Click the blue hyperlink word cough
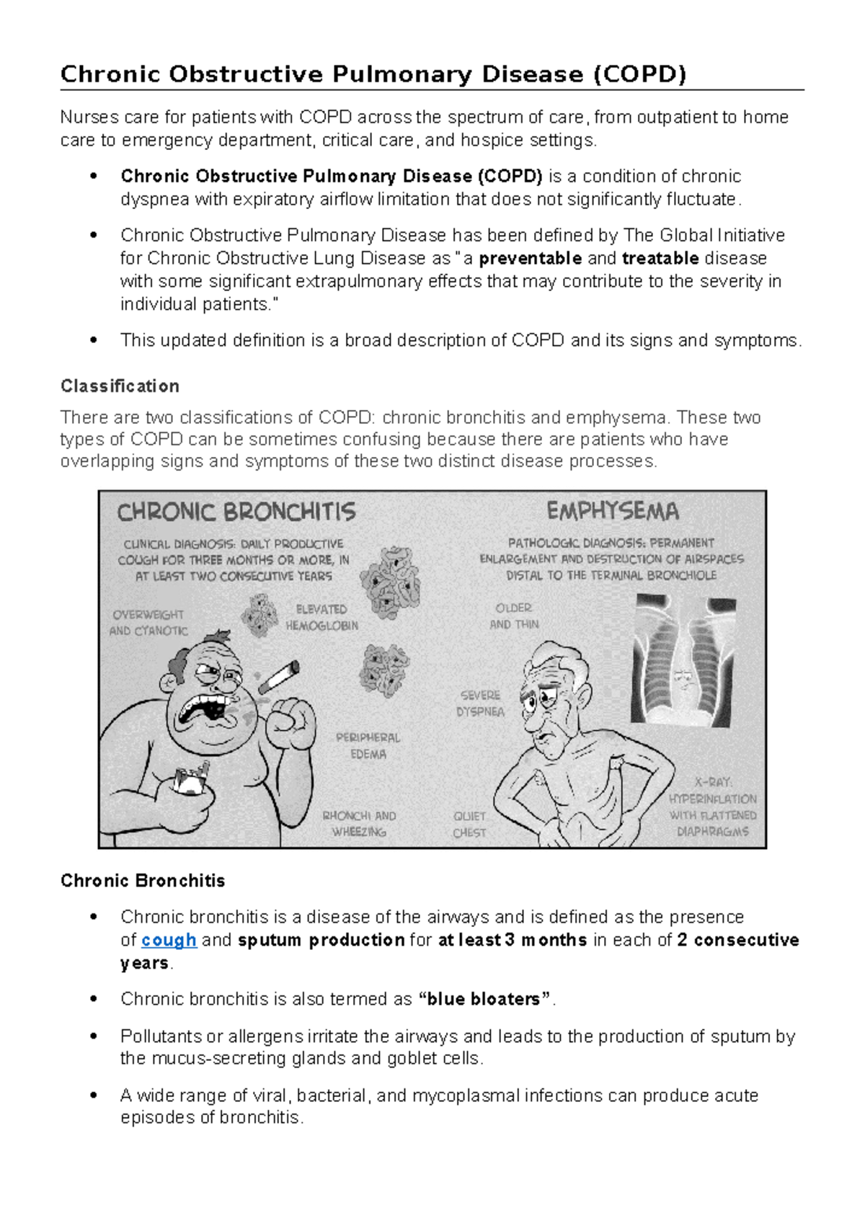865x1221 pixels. pyautogui.click(x=169, y=940)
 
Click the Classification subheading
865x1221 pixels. pyautogui.click(x=120, y=386)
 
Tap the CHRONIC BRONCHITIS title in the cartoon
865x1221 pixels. pyautogui.click(x=236, y=512)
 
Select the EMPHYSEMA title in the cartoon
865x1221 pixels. pyautogui.click(x=613, y=512)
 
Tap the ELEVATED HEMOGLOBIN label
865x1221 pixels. pyautogui.click(x=321, y=618)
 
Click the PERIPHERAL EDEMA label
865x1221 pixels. pyautogui.click(x=368, y=746)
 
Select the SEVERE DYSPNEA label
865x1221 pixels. pyautogui.click(x=480, y=703)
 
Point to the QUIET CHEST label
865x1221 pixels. pyautogui.click(x=469, y=825)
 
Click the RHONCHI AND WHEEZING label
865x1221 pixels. pyautogui.click(x=359, y=824)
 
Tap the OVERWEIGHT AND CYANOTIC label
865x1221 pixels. pyautogui.click(x=148, y=623)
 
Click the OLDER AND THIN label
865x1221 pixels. pyautogui.click(x=514, y=616)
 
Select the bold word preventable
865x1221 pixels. pyautogui.click(x=530, y=258)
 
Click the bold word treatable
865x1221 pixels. pyautogui.click(x=660, y=258)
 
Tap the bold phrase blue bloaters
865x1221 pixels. pyautogui.click(x=484, y=999)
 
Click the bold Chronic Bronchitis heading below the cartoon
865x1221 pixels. pyautogui.click(x=143, y=881)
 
